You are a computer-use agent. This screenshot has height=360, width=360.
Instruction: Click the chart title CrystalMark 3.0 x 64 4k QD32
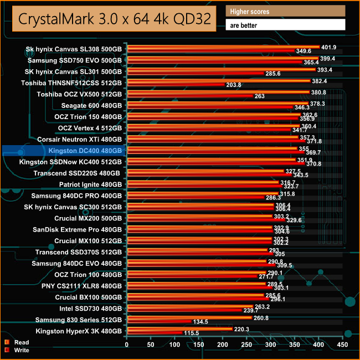[114, 19]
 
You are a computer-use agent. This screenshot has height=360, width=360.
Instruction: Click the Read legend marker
[7, 342]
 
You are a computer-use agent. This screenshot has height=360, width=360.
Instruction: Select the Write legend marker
[7, 350]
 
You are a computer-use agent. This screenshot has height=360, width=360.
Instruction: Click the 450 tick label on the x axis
[342, 345]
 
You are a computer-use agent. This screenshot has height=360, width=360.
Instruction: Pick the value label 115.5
[191, 333]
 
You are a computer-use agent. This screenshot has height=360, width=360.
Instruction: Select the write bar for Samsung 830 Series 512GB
[160, 322]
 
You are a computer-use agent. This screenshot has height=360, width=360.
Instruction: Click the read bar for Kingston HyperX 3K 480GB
[180, 328]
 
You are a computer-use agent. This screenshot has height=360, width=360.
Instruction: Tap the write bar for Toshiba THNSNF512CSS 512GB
[177, 85]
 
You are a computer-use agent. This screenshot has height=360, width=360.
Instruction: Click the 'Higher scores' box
[286, 11]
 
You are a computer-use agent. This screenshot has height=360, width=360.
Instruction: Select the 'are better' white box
[286, 25]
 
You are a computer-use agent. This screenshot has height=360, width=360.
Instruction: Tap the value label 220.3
[242, 329]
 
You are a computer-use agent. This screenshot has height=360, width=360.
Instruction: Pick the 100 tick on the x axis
[174, 345]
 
